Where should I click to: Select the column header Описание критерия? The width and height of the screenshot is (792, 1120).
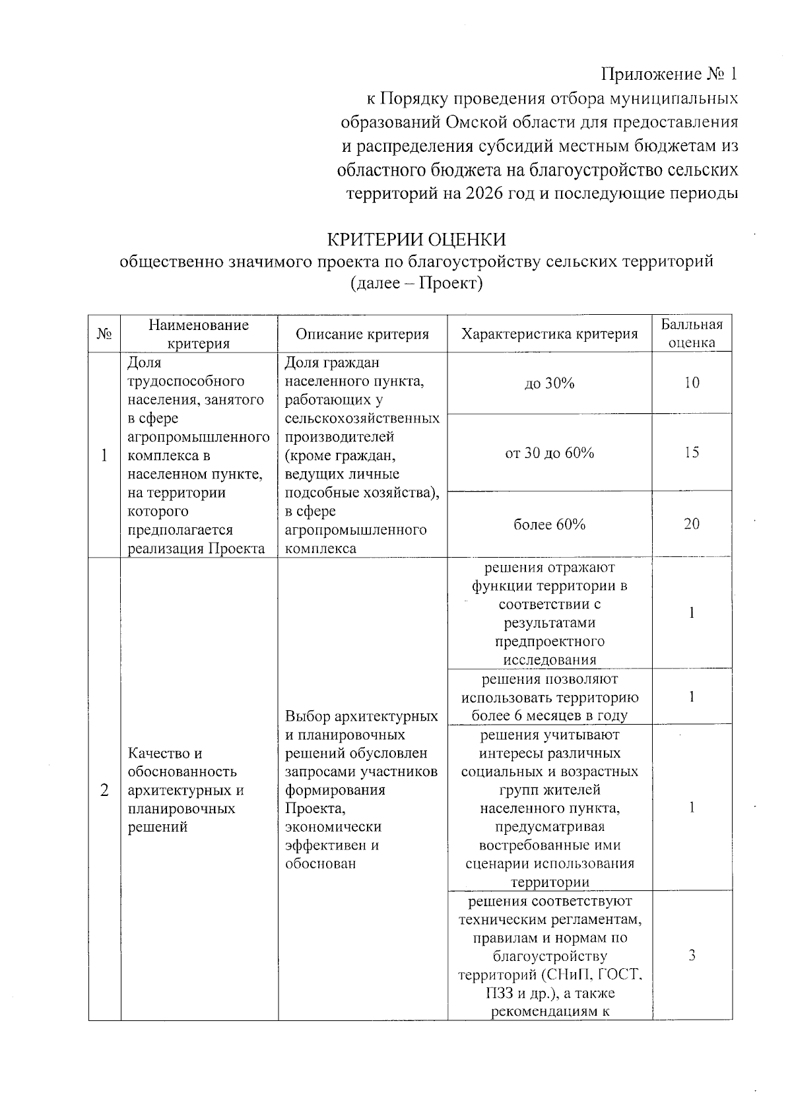click(x=362, y=335)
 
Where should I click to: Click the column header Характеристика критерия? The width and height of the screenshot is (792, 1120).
click(x=549, y=335)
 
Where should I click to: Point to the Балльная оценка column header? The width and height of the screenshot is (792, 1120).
click(x=692, y=333)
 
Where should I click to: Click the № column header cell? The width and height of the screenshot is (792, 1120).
click(x=104, y=335)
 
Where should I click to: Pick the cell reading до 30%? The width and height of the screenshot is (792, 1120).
click(x=549, y=383)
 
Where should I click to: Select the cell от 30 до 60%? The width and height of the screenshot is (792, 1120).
click(x=549, y=453)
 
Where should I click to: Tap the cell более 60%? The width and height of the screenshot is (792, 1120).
click(x=549, y=525)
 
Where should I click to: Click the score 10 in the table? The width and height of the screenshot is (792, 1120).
click(x=692, y=383)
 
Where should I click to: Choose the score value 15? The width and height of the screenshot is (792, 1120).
click(x=692, y=453)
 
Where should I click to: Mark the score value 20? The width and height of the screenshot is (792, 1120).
click(x=692, y=524)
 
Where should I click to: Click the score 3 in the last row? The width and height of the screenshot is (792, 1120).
click(x=692, y=956)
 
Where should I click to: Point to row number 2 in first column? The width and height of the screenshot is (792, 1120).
click(x=104, y=790)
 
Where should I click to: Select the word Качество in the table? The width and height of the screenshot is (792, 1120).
click(x=156, y=753)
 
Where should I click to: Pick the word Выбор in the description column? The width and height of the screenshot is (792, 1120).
click(x=308, y=716)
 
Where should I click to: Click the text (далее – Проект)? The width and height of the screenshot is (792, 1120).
click(x=416, y=283)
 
